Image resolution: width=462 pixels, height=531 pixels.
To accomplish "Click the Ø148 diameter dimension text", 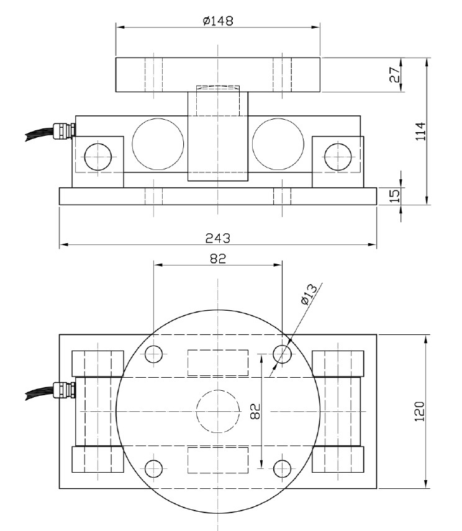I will [218, 20].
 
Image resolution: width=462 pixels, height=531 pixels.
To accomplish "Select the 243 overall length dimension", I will [218, 238].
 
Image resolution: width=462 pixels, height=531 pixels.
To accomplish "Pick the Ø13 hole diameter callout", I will [308, 293].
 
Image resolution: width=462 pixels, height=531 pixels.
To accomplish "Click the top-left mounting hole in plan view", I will [153, 354].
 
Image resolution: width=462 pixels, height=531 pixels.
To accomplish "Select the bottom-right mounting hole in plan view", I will [283, 468].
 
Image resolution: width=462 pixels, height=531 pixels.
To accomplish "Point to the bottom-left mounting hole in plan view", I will [153, 468].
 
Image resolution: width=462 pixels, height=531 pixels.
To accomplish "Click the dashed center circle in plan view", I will [218, 411].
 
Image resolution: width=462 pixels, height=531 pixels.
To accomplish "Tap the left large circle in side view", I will [158, 143].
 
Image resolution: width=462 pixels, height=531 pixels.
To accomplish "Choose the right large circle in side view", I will [278, 143].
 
